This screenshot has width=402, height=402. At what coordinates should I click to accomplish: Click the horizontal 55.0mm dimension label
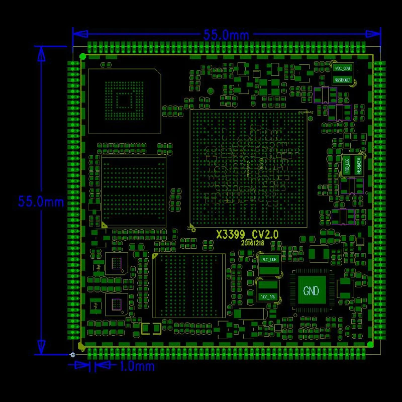coord(226,35)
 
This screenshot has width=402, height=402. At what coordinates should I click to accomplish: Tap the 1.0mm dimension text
coord(137,366)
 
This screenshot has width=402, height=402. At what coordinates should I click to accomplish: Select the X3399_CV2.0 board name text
coord(247,234)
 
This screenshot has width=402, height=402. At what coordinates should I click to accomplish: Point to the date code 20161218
coord(252,243)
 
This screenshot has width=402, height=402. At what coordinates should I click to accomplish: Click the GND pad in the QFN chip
coord(311,290)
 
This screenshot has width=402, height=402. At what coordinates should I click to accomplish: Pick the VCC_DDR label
coord(268,260)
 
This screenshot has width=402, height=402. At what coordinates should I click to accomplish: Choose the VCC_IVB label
coord(268,297)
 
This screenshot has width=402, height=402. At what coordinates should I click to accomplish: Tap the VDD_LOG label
coord(346,164)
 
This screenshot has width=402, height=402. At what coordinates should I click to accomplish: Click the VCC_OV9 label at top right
coord(342,67)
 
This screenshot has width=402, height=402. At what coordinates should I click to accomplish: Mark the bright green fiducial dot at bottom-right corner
coord(370,344)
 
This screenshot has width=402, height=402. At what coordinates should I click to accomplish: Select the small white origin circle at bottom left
coord(73,355)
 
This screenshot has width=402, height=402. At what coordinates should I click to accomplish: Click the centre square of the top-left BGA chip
coord(124,100)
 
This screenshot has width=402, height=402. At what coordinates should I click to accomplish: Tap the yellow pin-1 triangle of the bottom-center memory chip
coord(155,256)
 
